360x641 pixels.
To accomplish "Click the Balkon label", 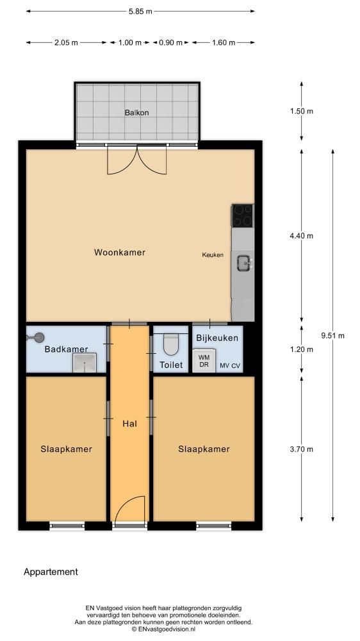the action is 136,112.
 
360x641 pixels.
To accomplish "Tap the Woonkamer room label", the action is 119,252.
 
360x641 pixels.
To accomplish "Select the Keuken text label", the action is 213,254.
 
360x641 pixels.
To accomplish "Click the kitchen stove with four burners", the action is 242,215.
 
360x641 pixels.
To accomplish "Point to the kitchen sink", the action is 244,263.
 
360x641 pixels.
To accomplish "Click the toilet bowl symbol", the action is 171,344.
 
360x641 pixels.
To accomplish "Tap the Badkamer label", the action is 66,349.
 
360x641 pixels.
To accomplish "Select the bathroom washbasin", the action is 85,363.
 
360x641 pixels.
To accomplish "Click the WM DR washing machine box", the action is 204,360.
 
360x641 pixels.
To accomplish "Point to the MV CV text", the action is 230,366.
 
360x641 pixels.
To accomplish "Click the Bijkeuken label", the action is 217,338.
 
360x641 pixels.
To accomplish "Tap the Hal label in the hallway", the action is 129,424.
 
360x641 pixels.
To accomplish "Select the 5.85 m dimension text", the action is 140,12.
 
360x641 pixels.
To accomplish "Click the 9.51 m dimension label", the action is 332,336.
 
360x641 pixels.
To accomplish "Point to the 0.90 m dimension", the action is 171,42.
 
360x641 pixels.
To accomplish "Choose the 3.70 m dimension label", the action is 302,449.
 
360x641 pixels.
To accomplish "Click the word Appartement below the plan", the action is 51,572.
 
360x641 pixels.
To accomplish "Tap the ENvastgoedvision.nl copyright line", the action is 163,630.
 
